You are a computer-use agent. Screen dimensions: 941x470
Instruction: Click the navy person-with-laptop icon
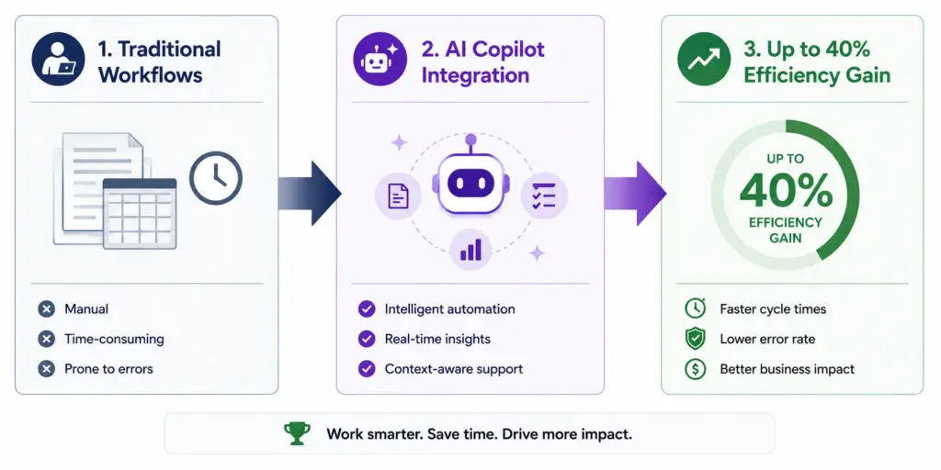coord(58,59)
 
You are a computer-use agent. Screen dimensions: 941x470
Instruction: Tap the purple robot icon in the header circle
coord(376,59)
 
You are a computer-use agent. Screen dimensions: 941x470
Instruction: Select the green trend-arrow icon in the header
coord(704,59)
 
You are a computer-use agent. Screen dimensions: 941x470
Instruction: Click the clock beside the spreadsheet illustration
coord(216,178)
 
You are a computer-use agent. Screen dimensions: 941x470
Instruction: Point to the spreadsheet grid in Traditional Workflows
coord(140,213)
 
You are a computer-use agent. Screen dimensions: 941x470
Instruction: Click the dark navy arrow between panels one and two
coord(310,193)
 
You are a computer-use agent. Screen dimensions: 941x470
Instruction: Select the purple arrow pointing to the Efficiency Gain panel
coord(635,193)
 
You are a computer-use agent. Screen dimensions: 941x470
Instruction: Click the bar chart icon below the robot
coord(471,250)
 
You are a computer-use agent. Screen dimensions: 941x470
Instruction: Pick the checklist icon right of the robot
coord(544,196)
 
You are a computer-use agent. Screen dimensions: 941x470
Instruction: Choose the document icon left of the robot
coord(399,196)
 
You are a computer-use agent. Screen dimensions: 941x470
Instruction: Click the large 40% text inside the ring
coord(786,191)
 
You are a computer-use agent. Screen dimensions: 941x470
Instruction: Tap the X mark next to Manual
coord(46,309)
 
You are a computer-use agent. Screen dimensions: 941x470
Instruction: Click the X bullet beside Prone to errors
coord(46,369)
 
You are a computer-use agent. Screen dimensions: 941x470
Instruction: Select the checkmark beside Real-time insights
coord(367,340)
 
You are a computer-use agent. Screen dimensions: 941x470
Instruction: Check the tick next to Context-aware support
coord(367,369)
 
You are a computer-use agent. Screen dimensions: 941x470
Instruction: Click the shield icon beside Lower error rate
coord(695,339)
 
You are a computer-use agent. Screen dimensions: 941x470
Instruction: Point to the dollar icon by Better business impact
coord(695,369)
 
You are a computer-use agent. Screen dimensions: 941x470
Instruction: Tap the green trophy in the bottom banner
coord(297,433)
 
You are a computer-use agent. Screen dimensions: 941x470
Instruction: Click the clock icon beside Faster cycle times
coord(695,308)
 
